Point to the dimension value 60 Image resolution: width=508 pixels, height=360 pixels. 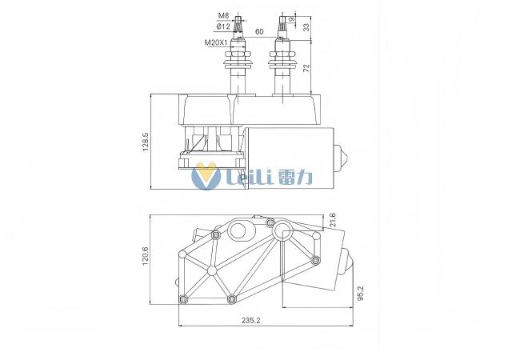pyautogui.click(x=259, y=32)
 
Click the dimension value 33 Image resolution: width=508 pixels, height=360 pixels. pyautogui.click(x=306, y=27)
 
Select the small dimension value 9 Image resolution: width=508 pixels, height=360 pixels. pyautogui.click(x=293, y=18)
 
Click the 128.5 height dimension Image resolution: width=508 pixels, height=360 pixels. pyautogui.click(x=146, y=142)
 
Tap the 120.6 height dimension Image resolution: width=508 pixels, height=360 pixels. pyautogui.click(x=146, y=258)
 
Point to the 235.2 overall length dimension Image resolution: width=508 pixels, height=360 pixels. pyautogui.click(x=250, y=321)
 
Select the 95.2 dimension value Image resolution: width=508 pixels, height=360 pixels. pyautogui.click(x=361, y=293)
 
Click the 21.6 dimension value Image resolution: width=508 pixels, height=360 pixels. pyautogui.click(x=333, y=220)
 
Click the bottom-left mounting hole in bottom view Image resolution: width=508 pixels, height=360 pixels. pyautogui.click(x=183, y=299)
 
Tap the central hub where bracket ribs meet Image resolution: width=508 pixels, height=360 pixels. pyautogui.click(x=212, y=270)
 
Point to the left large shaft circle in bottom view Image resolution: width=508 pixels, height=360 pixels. pyautogui.click(x=238, y=231)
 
